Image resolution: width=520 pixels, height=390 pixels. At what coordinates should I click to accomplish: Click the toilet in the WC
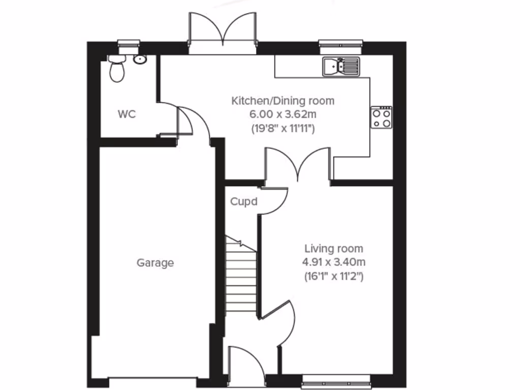click(117, 70)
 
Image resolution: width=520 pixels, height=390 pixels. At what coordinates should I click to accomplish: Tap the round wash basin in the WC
click(140, 60)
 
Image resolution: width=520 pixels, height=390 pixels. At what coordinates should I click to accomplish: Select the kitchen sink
click(341, 66)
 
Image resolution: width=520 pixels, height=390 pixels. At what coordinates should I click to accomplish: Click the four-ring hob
click(381, 117)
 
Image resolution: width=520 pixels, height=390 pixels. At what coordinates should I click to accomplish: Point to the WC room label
click(126, 114)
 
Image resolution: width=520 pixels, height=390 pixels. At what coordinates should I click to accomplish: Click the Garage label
click(155, 263)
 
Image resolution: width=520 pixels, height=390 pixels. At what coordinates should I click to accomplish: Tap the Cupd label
click(244, 202)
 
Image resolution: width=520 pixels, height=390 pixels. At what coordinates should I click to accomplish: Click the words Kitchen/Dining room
click(283, 101)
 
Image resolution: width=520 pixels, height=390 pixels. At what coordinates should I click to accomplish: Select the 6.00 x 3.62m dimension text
click(283, 114)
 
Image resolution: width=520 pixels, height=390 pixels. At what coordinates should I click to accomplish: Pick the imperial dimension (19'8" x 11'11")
click(283, 128)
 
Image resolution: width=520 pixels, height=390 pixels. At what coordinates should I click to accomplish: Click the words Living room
click(334, 248)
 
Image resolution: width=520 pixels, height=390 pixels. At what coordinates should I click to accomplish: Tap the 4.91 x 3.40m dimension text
click(334, 263)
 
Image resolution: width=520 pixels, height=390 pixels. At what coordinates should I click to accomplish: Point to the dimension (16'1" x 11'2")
click(334, 277)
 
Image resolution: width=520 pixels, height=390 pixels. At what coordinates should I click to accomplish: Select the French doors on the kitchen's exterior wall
click(222, 33)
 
